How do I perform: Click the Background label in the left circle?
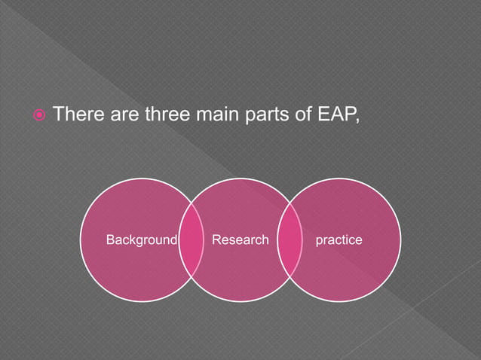tap(141, 240)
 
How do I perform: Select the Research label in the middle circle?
tap(240, 240)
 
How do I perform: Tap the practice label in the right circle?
tap(339, 240)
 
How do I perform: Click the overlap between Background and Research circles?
tap(191, 240)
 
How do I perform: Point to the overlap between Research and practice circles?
tap(290, 240)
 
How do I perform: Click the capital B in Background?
tap(110, 240)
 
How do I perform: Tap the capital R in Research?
tap(216, 240)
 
